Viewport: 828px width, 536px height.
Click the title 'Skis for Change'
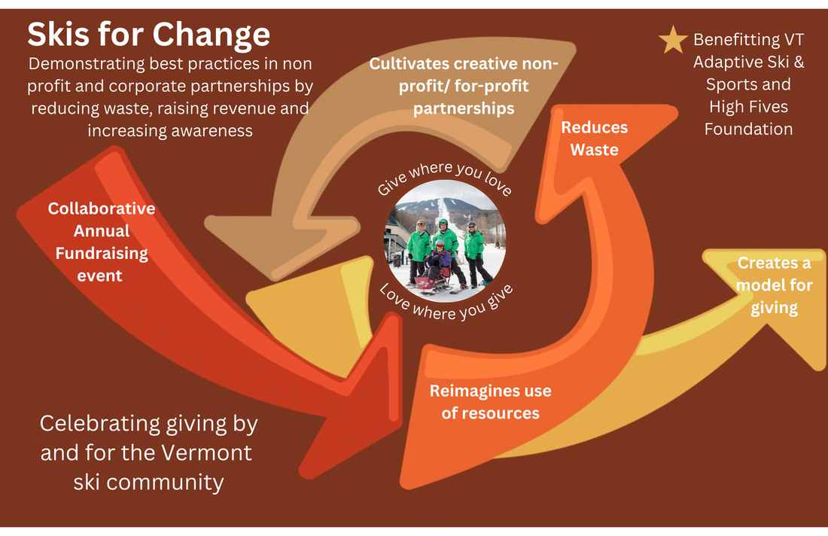click(148, 35)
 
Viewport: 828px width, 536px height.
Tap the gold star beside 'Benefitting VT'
click(672, 41)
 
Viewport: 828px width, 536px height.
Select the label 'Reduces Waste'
click(594, 139)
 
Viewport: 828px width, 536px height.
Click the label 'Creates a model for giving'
click(775, 285)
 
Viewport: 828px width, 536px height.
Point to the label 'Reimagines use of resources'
click(490, 402)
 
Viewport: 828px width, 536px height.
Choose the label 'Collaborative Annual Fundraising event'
click(101, 242)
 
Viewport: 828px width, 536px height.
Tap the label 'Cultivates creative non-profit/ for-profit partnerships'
click(464, 86)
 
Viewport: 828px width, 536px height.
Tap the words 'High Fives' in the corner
click(747, 106)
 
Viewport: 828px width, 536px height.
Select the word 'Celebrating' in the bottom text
click(90, 424)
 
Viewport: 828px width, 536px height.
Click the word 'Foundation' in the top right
click(748, 129)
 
